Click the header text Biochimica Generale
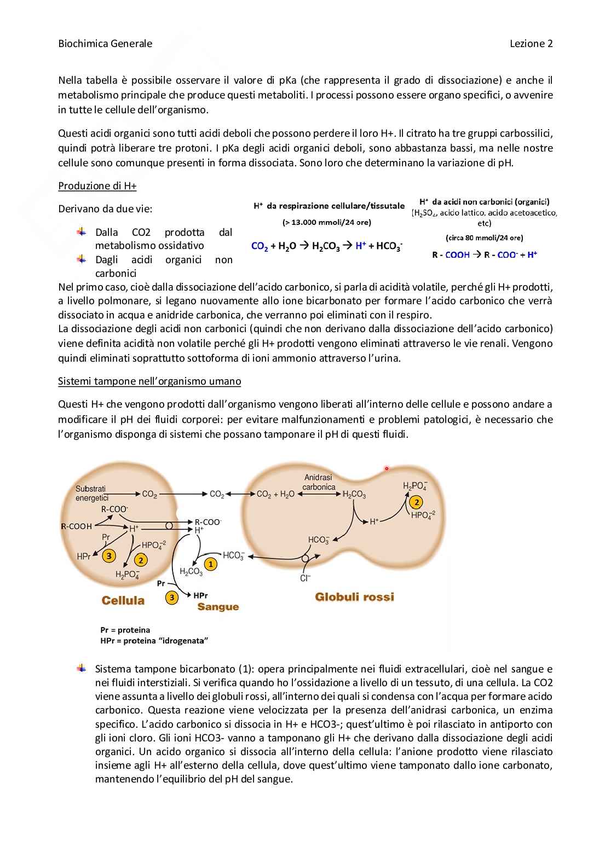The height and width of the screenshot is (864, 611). [105, 44]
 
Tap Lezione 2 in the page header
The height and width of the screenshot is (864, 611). [531, 44]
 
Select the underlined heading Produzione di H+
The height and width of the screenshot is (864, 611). [97, 185]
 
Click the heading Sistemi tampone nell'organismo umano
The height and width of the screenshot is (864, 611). [149, 381]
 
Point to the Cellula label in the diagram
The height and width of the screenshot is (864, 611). [123, 600]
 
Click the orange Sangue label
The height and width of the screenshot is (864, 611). [218, 606]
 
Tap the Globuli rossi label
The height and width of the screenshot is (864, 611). [354, 596]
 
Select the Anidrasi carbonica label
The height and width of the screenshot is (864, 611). [319, 482]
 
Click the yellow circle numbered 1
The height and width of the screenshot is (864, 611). [211, 564]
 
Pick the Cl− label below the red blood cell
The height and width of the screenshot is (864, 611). [305, 578]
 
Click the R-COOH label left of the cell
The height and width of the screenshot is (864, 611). [76, 526]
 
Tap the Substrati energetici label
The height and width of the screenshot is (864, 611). [91, 493]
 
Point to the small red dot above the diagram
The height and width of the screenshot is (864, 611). [387, 468]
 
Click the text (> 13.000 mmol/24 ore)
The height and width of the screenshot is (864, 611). [326, 222]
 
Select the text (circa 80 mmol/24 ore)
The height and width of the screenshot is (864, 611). [484, 237]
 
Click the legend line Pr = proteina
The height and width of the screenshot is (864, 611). [125, 630]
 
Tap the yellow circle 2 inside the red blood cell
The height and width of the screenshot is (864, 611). [417, 502]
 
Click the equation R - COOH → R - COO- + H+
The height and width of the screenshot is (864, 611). [484, 254]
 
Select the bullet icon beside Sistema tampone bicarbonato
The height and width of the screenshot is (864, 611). [82, 668]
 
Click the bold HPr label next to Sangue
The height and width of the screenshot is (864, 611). [200, 595]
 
